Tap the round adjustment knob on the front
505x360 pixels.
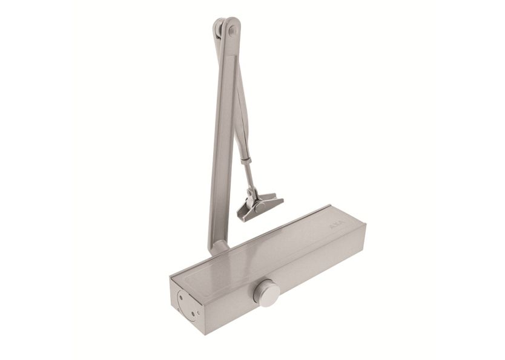269,294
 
